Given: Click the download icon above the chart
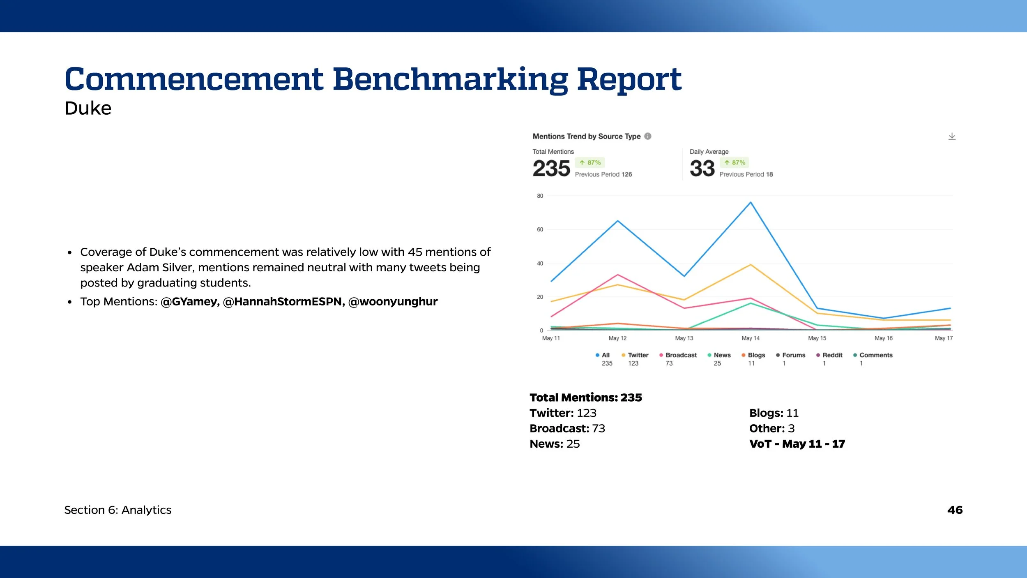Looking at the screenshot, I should point(951,136).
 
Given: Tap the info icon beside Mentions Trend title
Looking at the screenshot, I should point(648,136).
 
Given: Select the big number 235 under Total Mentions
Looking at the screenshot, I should point(551,169).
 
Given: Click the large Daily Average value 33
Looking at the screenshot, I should point(702,169).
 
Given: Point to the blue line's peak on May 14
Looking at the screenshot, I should point(751,202).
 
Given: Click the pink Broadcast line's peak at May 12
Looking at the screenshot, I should point(618,275).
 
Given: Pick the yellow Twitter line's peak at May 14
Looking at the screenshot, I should point(751,265).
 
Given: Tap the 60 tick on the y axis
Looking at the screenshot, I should point(540,229).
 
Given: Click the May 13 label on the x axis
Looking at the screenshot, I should point(684,338).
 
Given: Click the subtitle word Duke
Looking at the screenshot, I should point(88,109).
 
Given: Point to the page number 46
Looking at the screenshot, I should point(955,510).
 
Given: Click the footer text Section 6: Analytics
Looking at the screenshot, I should point(118,510).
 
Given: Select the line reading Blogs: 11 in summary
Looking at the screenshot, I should point(774,413).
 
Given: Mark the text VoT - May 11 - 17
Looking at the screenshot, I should point(797,444).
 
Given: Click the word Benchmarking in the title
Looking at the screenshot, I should point(450,79).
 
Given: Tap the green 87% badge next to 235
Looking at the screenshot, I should point(590,163).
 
